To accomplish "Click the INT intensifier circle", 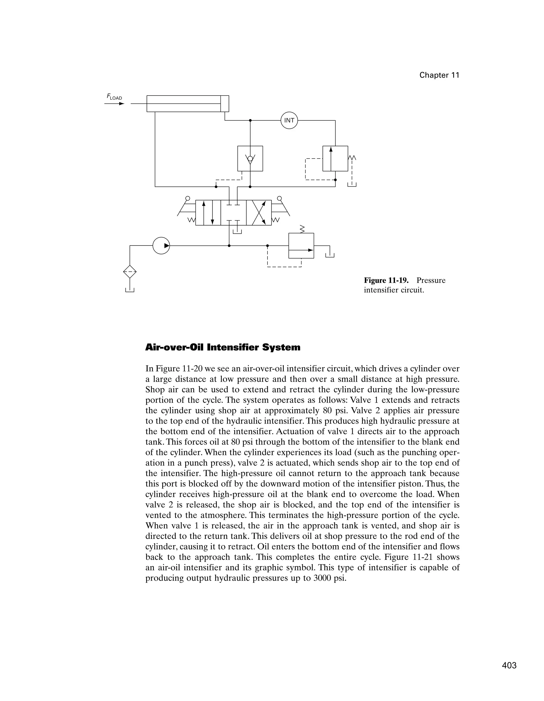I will click(289, 120).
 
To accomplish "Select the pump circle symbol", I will click(161, 246).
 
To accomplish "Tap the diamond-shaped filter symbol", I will click(130, 272).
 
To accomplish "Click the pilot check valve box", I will click(250, 158).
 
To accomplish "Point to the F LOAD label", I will click(114, 97).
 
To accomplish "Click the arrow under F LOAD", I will click(114, 104).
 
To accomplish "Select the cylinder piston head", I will click(224, 104).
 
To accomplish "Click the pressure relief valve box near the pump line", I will click(301, 246).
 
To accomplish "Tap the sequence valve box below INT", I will click(335, 158).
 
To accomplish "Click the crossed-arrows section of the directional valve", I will click(258, 213).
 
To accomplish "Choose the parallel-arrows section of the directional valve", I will click(208, 213).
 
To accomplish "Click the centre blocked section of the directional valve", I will click(233, 213).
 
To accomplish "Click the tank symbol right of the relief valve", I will click(330, 255).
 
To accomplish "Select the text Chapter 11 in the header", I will click(439, 75).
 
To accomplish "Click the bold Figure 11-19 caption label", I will click(386, 281).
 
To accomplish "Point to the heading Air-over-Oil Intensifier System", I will click(223, 347).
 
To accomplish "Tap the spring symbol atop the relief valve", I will click(301, 229).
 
